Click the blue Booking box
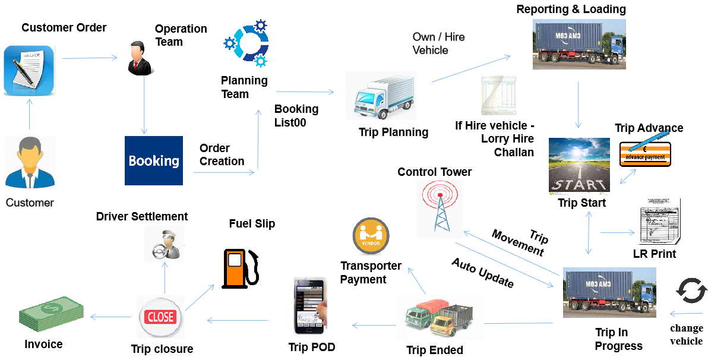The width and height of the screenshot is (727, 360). tap(154, 160)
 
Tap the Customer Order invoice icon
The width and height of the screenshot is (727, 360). tap(30, 71)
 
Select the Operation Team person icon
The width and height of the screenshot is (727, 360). tap(140, 58)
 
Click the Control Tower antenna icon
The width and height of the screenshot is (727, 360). tap(439, 206)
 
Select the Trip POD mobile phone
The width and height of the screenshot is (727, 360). tap(311, 307)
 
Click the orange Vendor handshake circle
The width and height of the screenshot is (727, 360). tap(371, 236)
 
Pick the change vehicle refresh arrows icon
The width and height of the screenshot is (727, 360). tap(691, 292)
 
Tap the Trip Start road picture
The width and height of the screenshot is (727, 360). tap(579, 165)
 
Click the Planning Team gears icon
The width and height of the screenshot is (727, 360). tap(245, 43)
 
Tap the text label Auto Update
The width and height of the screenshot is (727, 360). tap(482, 273)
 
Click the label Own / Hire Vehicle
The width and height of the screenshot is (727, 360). tap(438, 43)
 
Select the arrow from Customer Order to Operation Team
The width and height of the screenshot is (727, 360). tap(90, 58)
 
